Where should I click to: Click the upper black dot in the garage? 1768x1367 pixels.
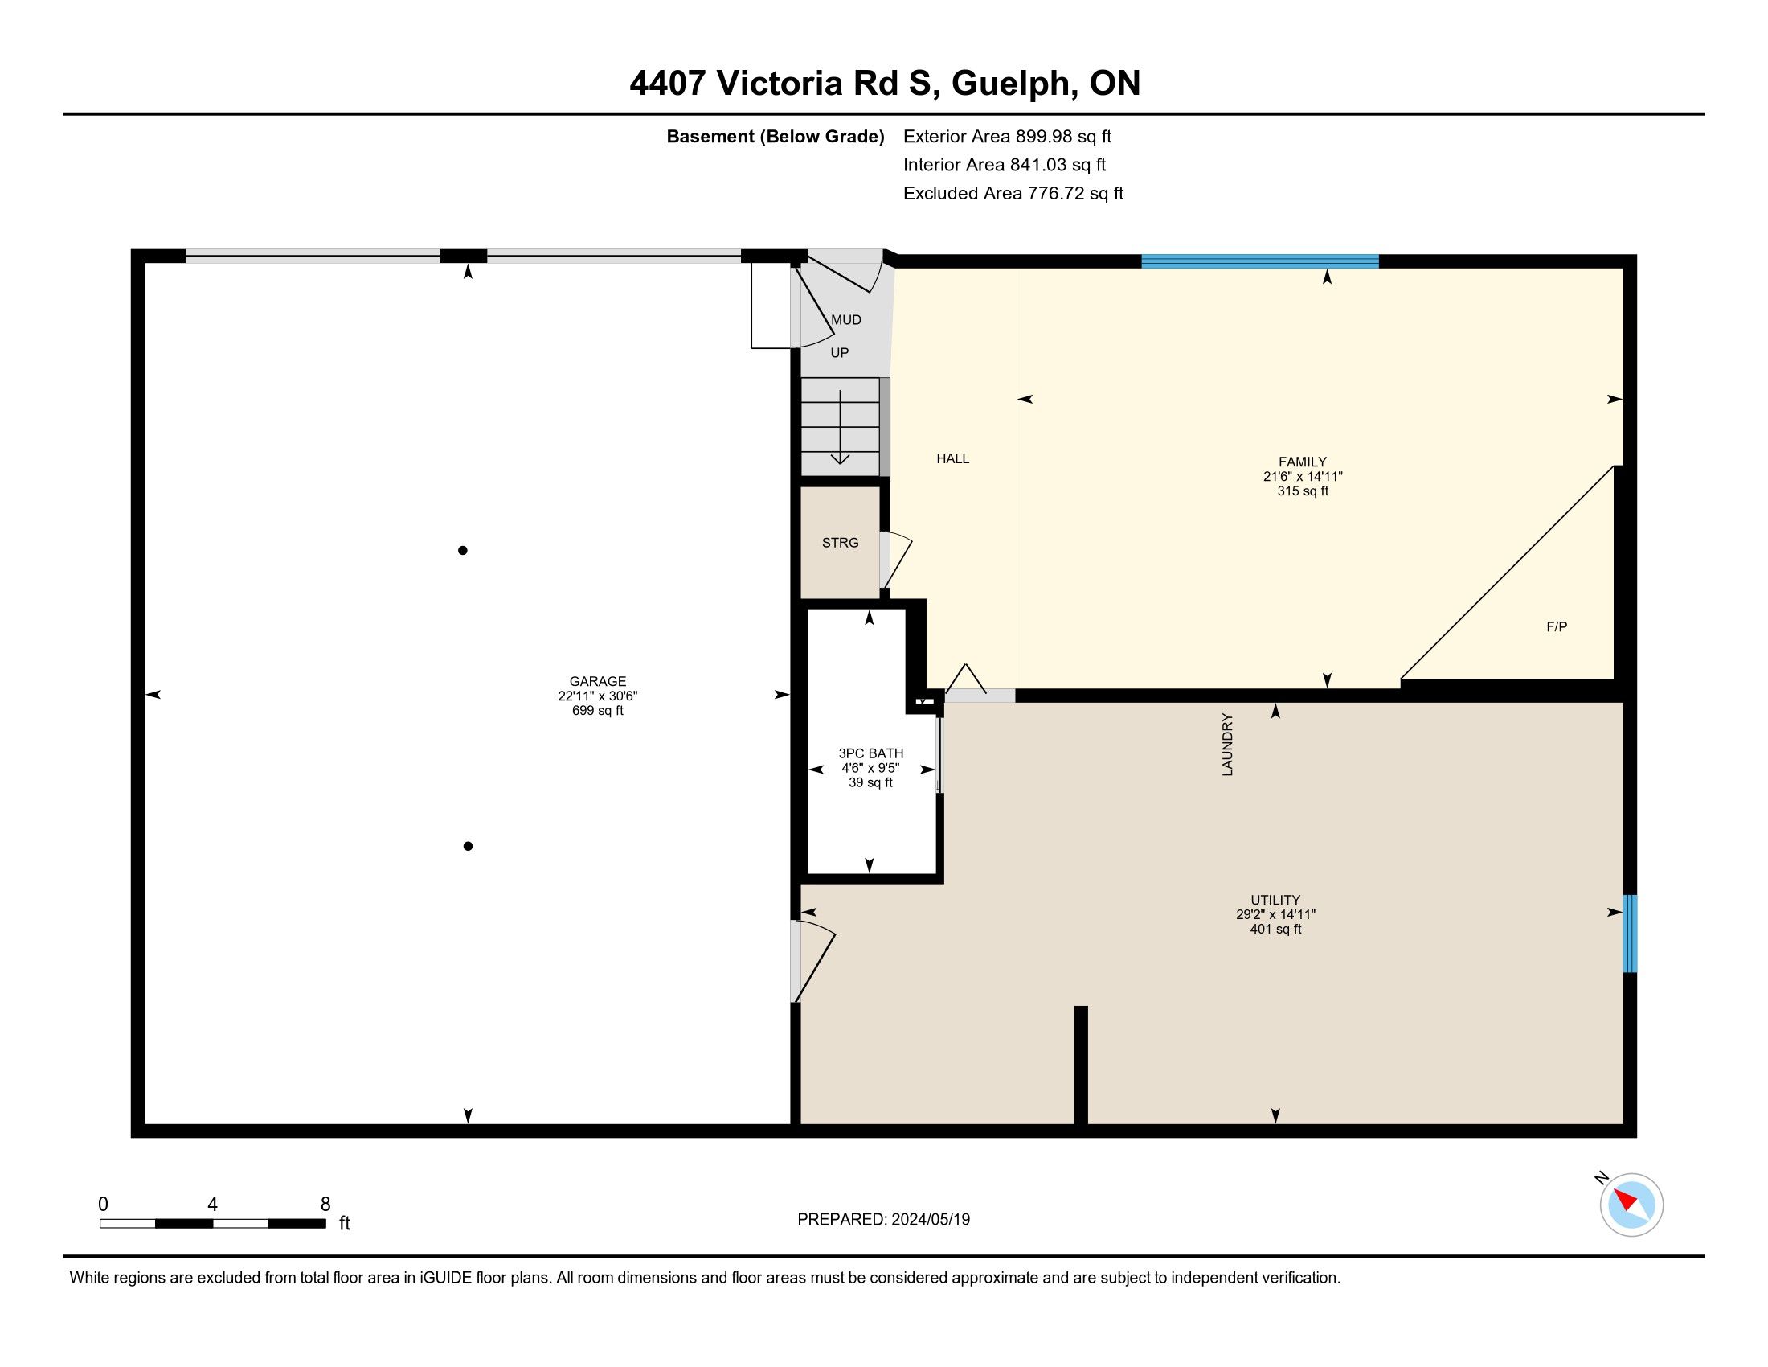tap(462, 551)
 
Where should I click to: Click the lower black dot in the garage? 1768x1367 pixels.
tap(468, 846)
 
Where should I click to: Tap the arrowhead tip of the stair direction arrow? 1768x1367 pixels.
tap(841, 464)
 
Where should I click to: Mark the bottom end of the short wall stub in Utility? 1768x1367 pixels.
tap(1081, 1124)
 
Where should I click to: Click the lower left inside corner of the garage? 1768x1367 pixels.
tap(145, 1124)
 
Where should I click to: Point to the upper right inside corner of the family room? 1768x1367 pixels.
tap(1623, 269)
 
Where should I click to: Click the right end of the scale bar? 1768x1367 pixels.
tap(325, 1224)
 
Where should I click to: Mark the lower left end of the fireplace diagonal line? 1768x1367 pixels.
tap(1402, 679)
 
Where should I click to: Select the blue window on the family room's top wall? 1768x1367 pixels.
tap(1259, 261)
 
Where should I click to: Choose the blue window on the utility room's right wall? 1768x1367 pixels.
tap(1630, 933)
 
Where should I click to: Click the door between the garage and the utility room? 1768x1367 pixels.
tap(812, 961)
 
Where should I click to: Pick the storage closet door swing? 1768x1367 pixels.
tap(896, 560)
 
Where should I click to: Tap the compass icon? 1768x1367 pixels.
tap(1631, 1205)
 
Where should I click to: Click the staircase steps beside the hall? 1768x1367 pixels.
tap(841, 427)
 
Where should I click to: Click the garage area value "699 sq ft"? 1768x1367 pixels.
tap(597, 711)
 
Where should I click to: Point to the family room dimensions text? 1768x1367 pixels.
tap(1303, 477)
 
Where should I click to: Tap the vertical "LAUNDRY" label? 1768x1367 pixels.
tap(1227, 745)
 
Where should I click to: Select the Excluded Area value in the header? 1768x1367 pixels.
tap(1075, 194)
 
